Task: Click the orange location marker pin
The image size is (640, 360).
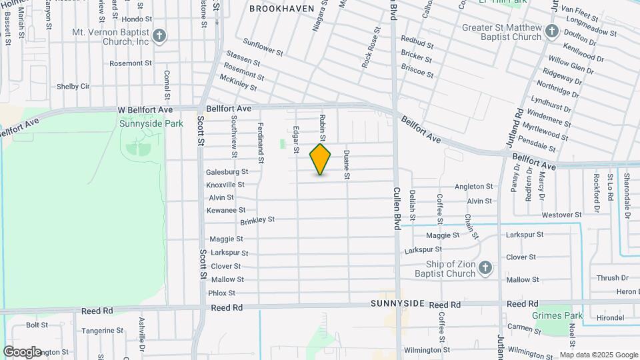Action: [x=321, y=159]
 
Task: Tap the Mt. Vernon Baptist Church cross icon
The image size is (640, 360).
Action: [x=159, y=36]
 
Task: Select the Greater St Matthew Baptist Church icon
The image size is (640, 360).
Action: [x=551, y=31]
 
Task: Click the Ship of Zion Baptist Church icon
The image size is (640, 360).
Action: [x=485, y=268]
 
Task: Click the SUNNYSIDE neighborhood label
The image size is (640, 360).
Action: [x=398, y=303]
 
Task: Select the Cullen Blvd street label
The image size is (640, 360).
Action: [x=396, y=207]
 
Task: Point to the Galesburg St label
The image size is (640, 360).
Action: [x=227, y=171]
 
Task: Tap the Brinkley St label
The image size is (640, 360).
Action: [x=257, y=219]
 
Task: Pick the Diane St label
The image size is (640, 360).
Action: [x=347, y=165]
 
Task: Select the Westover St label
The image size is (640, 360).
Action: [x=562, y=215]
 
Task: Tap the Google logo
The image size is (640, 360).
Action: [x=22, y=351]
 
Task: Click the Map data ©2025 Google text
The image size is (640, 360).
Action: [x=599, y=355]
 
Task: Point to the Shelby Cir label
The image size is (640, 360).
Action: [x=73, y=86]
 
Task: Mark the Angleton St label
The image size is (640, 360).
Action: [x=473, y=187]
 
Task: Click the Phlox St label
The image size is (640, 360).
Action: [x=222, y=293]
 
